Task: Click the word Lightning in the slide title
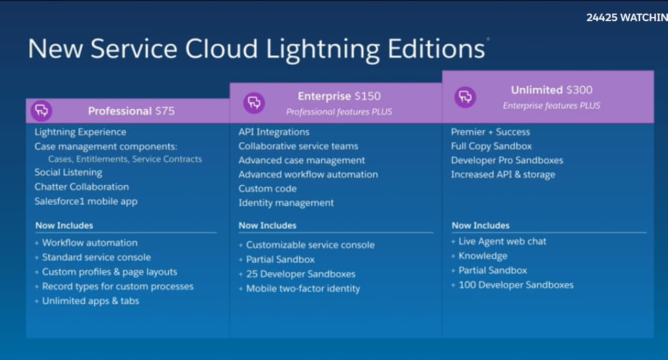322,50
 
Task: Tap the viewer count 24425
601,18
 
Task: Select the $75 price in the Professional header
165,111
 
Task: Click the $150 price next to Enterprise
367,96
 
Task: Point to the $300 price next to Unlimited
580,90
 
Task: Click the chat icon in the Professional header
41,111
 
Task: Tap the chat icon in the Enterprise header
254,103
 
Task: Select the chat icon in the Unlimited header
465,97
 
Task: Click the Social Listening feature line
69,173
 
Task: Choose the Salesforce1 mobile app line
86,201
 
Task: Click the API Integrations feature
274,132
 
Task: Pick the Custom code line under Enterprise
267,189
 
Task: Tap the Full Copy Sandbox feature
492,146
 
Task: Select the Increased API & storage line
503,175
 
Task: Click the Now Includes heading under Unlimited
480,225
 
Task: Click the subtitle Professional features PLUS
339,112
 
